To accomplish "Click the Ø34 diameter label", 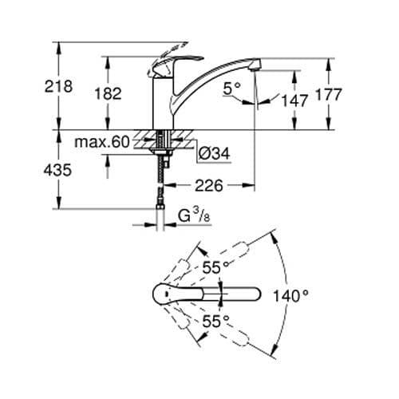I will point(212,152).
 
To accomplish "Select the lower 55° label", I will point(214,322).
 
